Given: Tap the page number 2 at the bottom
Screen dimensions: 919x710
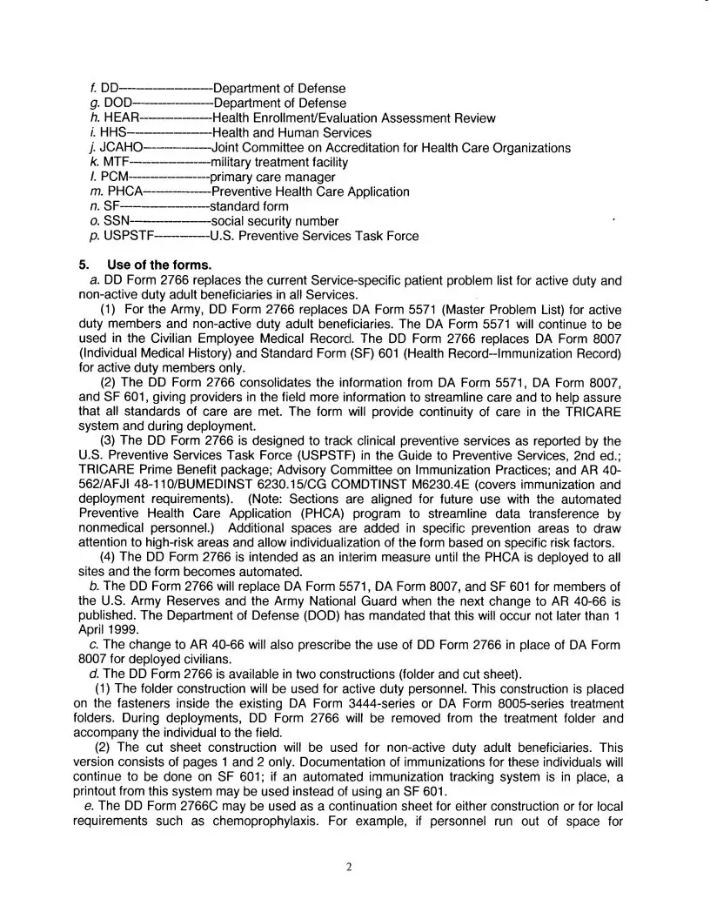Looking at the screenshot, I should click(348, 867).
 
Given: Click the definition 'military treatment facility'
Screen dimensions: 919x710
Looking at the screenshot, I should click(279, 162).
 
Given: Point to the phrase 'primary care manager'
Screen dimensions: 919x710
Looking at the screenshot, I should click(272, 177).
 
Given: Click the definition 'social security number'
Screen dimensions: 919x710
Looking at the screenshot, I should click(274, 221).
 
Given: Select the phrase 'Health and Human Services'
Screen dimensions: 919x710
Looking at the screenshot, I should click(291, 132).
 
